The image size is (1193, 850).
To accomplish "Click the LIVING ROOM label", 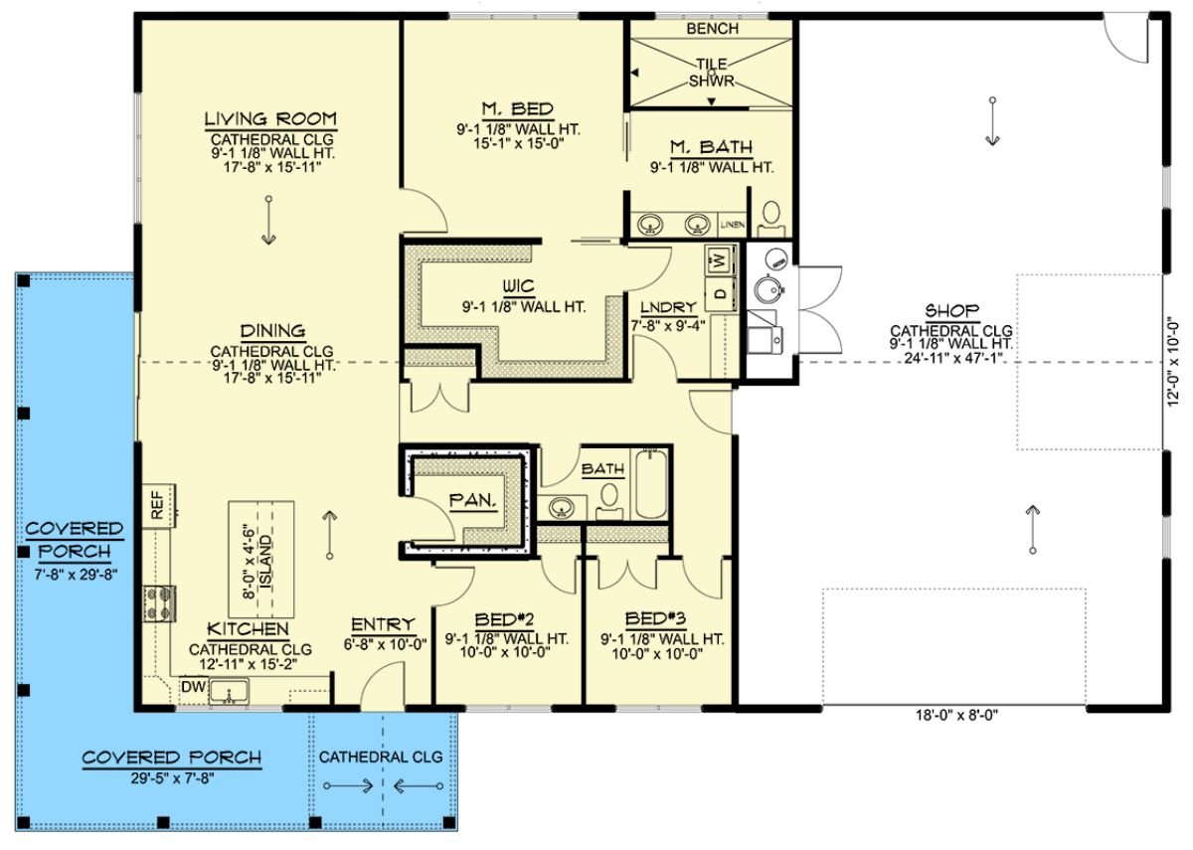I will click(x=269, y=119).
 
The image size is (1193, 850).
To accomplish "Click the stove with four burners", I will click(x=159, y=602).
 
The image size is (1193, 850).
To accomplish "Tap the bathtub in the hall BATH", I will click(x=651, y=484).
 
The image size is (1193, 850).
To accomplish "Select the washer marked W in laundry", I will click(x=718, y=262).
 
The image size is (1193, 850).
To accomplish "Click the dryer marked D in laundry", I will click(x=718, y=294).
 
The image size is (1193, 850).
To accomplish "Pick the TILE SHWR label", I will click(x=712, y=72).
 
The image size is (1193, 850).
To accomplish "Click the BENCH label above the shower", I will click(x=712, y=29).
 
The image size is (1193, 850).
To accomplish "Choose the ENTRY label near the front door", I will click(x=383, y=624).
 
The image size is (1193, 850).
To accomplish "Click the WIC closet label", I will click(x=518, y=286).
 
